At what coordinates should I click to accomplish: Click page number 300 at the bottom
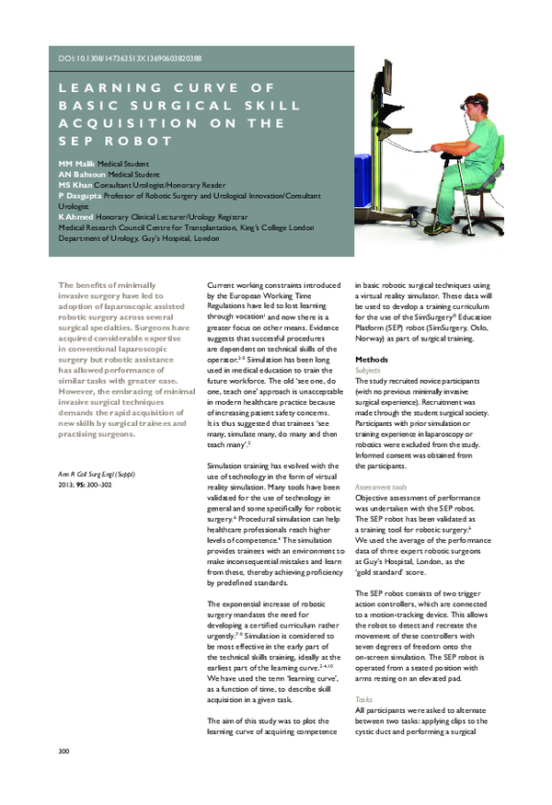(x=63, y=778)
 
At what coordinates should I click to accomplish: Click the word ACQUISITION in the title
(x=129, y=123)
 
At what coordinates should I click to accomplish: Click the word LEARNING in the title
(x=98, y=87)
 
